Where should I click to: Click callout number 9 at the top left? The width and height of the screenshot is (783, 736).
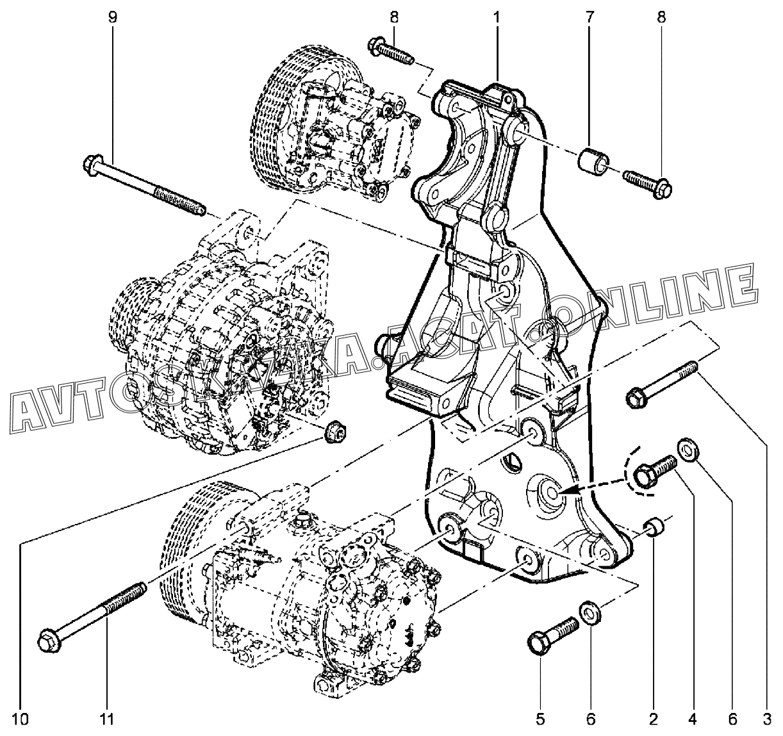pos(113,17)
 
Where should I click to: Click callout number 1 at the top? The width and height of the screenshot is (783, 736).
pos(497,17)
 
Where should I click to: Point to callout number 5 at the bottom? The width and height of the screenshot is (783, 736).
pos(540,719)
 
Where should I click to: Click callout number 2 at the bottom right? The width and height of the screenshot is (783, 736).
pos(653,719)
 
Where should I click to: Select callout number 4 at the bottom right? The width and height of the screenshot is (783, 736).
pos(692,719)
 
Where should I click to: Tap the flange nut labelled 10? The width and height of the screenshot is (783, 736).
pos(334,432)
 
